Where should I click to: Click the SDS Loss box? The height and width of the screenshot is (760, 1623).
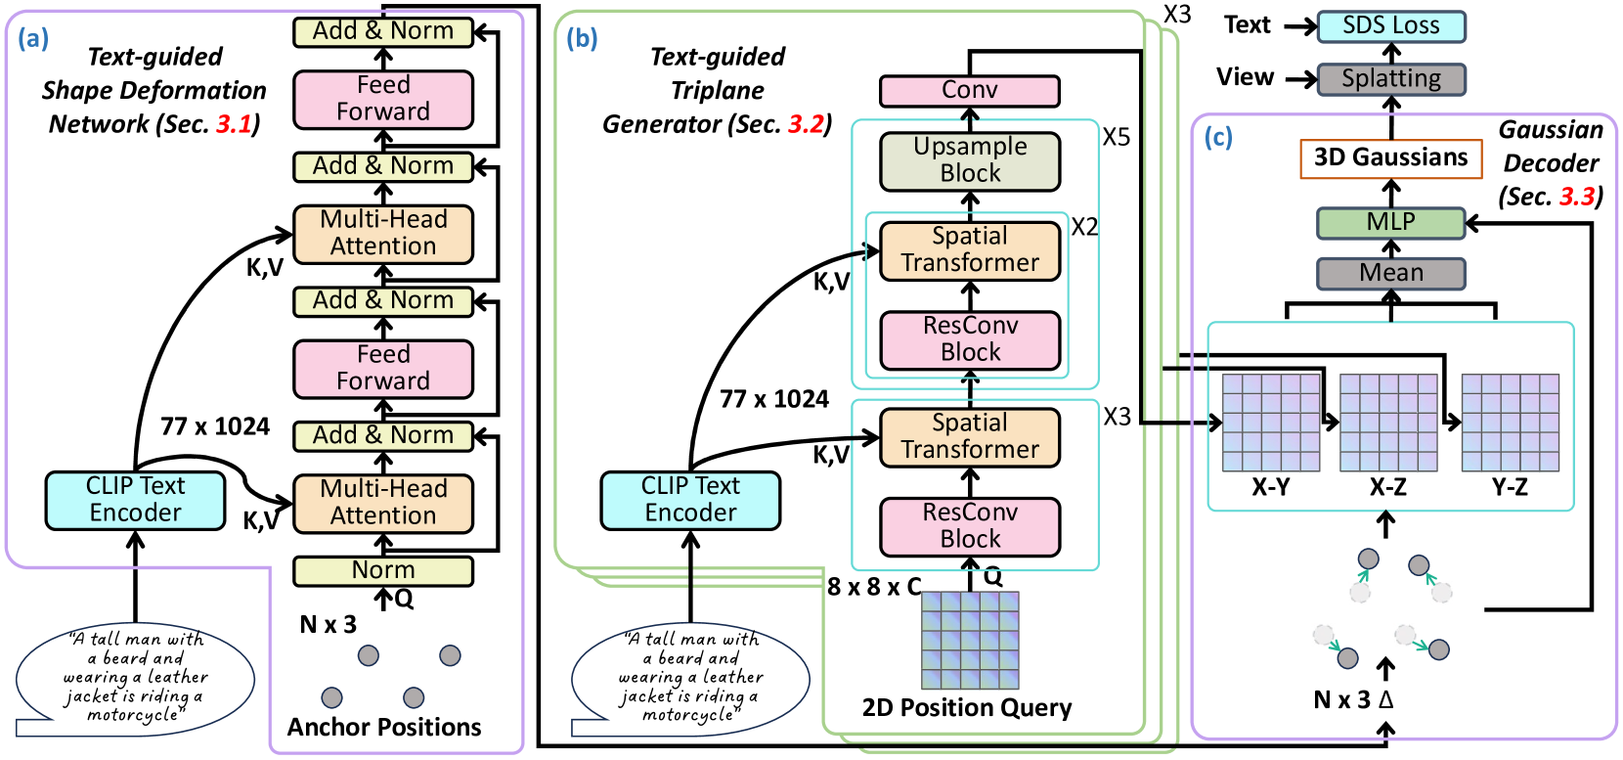[x=1390, y=26]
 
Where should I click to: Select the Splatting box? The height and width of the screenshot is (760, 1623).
[x=1390, y=79]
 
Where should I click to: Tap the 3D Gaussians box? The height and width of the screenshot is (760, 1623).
[x=1390, y=157]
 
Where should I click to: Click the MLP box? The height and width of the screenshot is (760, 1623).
[x=1390, y=222]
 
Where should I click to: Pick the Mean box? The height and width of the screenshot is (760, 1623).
[x=1390, y=273]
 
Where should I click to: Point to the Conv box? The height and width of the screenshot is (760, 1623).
[x=969, y=91]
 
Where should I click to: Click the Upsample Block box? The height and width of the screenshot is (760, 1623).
[x=970, y=160]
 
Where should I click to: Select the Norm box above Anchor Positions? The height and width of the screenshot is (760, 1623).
[x=383, y=570]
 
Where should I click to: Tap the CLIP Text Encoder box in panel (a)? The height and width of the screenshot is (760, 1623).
[x=135, y=500]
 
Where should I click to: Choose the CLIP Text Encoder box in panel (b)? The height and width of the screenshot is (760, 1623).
[x=690, y=500]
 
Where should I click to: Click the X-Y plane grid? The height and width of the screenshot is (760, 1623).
[x=1271, y=423]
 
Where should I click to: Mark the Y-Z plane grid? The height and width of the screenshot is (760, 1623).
[x=1510, y=423]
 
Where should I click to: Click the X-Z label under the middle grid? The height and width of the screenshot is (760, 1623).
[x=1388, y=487]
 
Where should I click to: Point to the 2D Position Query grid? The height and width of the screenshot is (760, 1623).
[x=970, y=640]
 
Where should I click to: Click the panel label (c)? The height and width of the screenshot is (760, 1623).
[x=1218, y=138]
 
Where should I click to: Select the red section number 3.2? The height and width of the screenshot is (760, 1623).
[x=807, y=124]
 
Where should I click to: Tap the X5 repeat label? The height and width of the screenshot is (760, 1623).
[x=1117, y=137]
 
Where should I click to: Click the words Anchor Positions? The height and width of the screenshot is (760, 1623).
[x=384, y=727]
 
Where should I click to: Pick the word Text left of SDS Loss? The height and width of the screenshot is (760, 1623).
[x=1248, y=25]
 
